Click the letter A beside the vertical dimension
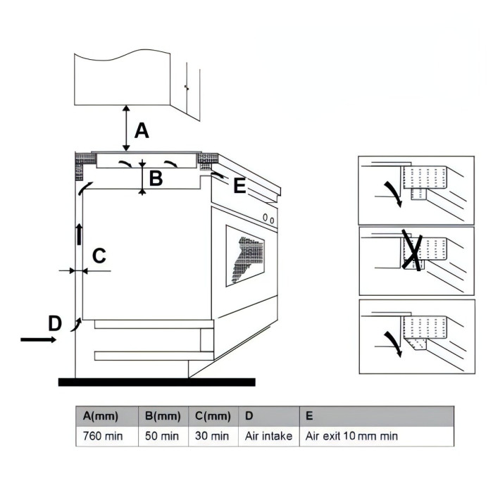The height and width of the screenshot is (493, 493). click(x=142, y=131)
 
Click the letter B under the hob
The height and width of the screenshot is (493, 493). click(x=156, y=178)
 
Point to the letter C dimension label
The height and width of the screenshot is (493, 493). click(x=99, y=256)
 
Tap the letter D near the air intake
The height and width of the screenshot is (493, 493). click(x=55, y=323)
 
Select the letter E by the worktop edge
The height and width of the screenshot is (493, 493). click(x=239, y=185)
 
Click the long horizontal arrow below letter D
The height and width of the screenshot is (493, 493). click(x=38, y=339)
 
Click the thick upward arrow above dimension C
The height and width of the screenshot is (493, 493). click(x=79, y=235)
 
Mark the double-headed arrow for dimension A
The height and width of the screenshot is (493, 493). click(x=126, y=128)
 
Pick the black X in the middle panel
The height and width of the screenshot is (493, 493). click(x=412, y=250)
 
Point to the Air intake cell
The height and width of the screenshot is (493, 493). click(x=269, y=437)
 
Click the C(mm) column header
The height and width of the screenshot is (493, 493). click(x=213, y=416)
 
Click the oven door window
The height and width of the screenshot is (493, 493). click(x=245, y=256)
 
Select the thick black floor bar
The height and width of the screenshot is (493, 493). click(x=157, y=382)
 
